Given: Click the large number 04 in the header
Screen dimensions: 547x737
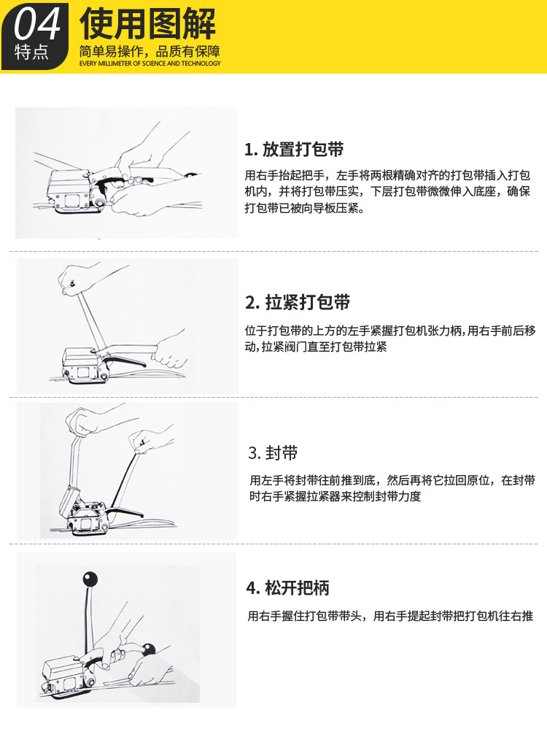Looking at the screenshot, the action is click(x=37, y=23).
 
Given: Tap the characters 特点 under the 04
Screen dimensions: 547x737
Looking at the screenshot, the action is click(x=31, y=52).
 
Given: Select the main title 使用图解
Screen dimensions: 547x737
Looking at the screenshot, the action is click(x=147, y=23).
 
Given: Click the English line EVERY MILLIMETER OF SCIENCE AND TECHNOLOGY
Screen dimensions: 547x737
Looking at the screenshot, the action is click(x=150, y=63).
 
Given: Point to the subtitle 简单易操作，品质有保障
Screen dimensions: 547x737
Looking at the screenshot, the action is click(x=150, y=51).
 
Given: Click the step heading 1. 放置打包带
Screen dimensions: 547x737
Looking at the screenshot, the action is click(x=294, y=149).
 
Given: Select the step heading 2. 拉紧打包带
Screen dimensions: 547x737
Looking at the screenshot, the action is click(x=298, y=302).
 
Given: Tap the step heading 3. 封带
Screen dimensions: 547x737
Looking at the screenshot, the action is click(x=273, y=452).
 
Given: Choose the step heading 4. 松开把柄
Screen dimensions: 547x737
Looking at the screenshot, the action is click(x=287, y=587).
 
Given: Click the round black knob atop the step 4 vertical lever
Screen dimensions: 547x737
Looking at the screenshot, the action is click(x=90, y=578).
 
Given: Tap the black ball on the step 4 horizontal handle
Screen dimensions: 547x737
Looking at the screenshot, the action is click(x=149, y=650).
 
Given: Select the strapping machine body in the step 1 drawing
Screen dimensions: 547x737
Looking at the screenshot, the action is click(x=71, y=192).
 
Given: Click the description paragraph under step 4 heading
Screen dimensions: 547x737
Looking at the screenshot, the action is click(x=390, y=616).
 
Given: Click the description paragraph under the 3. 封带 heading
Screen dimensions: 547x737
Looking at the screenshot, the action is click(x=392, y=488).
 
